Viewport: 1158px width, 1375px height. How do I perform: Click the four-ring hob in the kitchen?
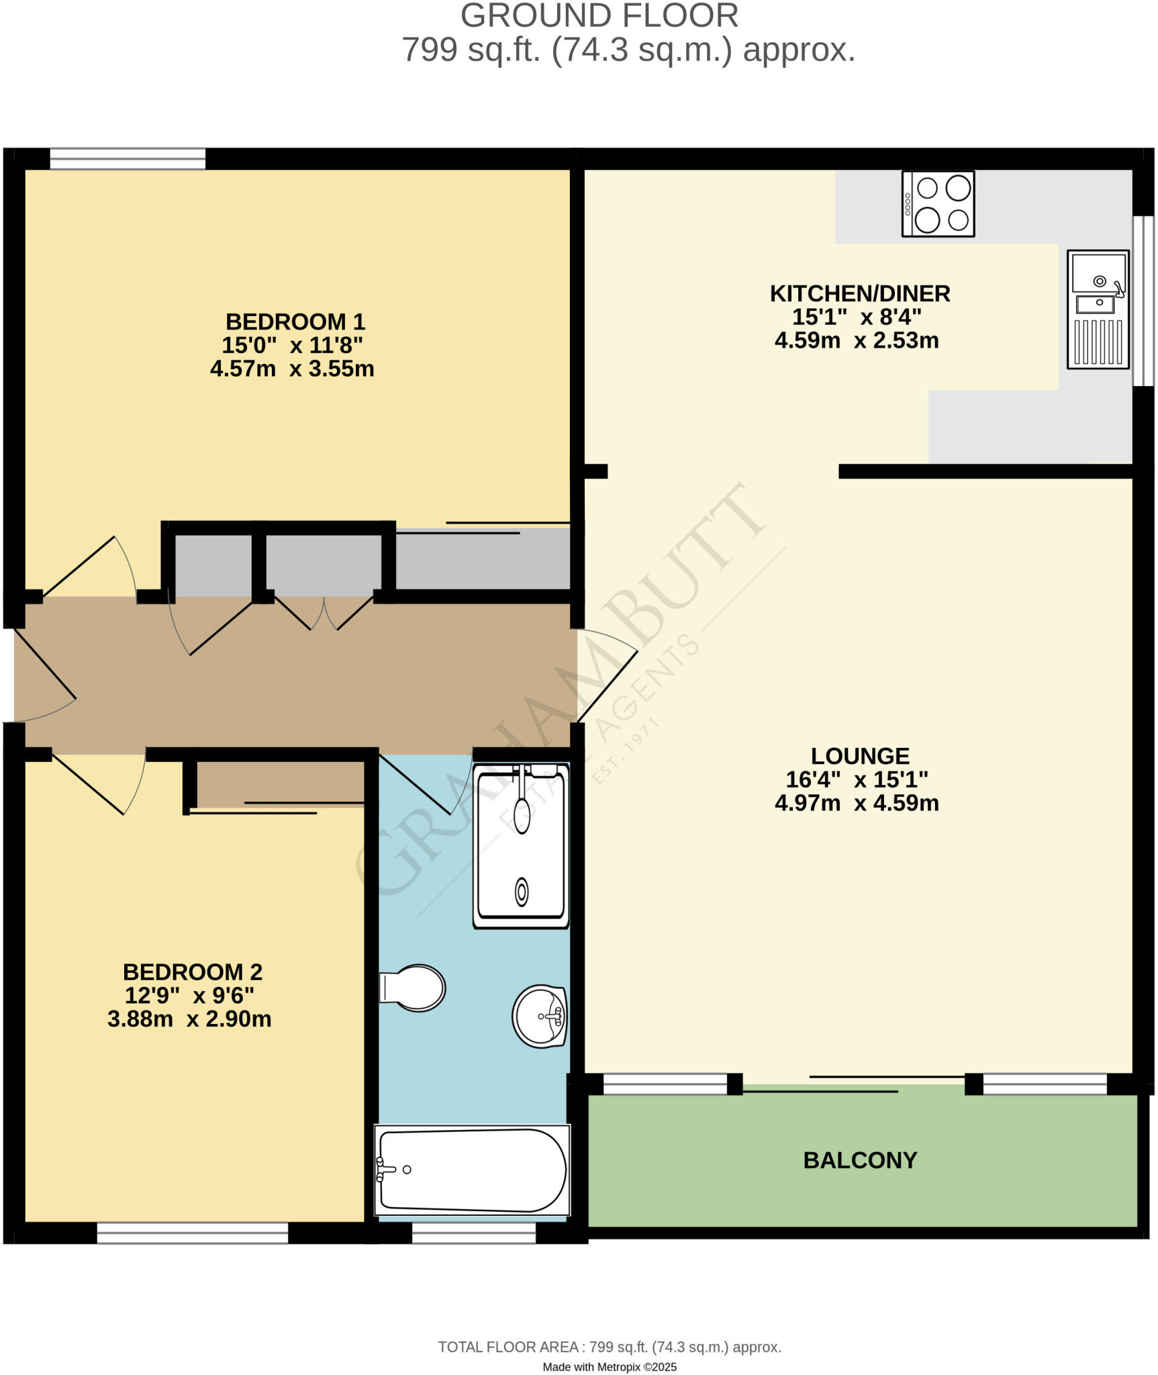tap(938, 204)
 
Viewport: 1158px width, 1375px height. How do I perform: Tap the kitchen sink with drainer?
tap(1098, 310)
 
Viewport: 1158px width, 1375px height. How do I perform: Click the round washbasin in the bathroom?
tap(539, 1016)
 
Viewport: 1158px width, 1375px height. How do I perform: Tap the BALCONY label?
tap(859, 1160)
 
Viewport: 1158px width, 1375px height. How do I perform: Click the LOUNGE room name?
tap(859, 756)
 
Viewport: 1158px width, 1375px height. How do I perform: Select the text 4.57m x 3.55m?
tap(292, 369)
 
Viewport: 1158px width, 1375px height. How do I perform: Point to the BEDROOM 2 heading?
tap(192, 971)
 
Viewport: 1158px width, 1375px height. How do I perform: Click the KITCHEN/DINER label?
tap(859, 293)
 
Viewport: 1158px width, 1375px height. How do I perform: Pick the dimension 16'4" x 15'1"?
tap(857, 779)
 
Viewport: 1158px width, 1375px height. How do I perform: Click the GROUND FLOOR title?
tap(599, 16)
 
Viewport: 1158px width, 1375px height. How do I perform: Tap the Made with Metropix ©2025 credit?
tap(609, 1367)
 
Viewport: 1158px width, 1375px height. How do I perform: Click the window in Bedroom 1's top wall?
tap(128, 159)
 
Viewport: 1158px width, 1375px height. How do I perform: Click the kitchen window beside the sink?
tap(1143, 301)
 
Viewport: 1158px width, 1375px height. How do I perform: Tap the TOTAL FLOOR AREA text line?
tap(609, 1347)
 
